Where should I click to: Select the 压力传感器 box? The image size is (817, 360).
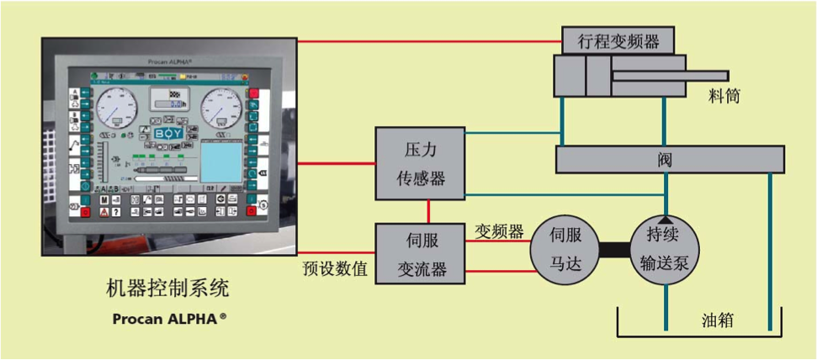(420, 163)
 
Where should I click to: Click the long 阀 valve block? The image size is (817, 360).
(669, 158)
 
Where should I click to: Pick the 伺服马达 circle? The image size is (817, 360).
(565, 248)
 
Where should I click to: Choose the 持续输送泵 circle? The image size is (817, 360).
(666, 248)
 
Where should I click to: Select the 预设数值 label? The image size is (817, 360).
(336, 269)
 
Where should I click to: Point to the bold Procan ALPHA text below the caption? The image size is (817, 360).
(169, 320)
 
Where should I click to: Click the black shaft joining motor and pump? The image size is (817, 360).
(616, 249)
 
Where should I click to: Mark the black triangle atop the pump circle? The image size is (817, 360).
(666, 219)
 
